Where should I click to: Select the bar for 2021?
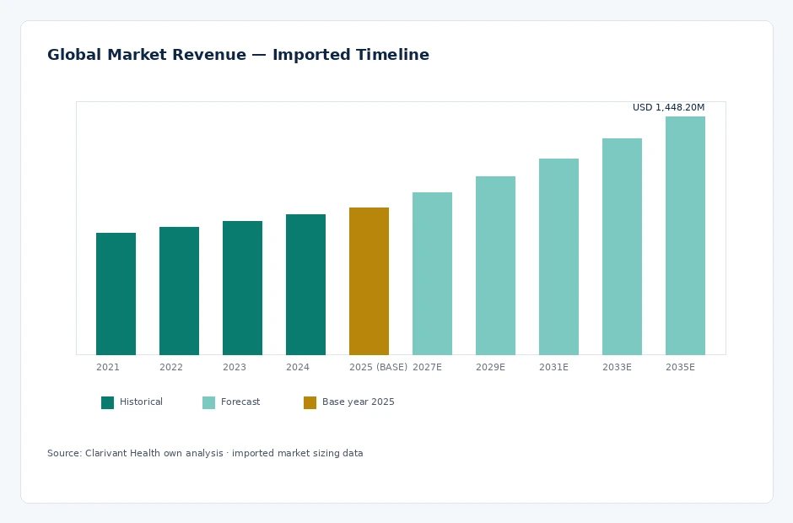116,294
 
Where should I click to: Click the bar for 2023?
242,288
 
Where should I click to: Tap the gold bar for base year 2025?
369,281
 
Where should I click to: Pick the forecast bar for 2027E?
432,273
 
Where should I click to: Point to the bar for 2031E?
558,256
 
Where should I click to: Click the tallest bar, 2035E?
685,235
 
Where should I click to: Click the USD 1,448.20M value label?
668,107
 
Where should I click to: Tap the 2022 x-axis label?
171,367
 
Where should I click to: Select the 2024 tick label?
297,367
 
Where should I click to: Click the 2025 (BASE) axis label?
378,367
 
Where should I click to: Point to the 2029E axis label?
490,367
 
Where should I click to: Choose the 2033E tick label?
617,367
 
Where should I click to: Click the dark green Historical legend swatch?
108,402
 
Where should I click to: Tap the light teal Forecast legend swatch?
209,402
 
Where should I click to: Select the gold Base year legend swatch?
310,402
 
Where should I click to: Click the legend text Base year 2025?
358,402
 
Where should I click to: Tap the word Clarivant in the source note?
105,453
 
